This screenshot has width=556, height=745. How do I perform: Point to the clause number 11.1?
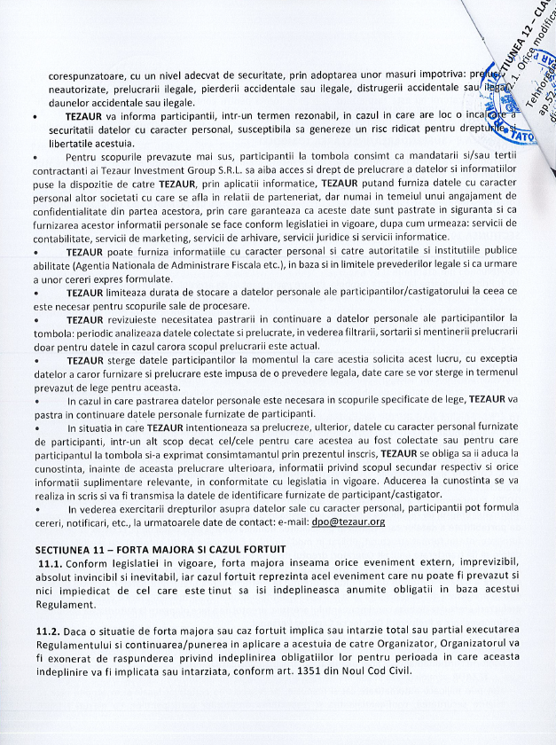51,564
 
